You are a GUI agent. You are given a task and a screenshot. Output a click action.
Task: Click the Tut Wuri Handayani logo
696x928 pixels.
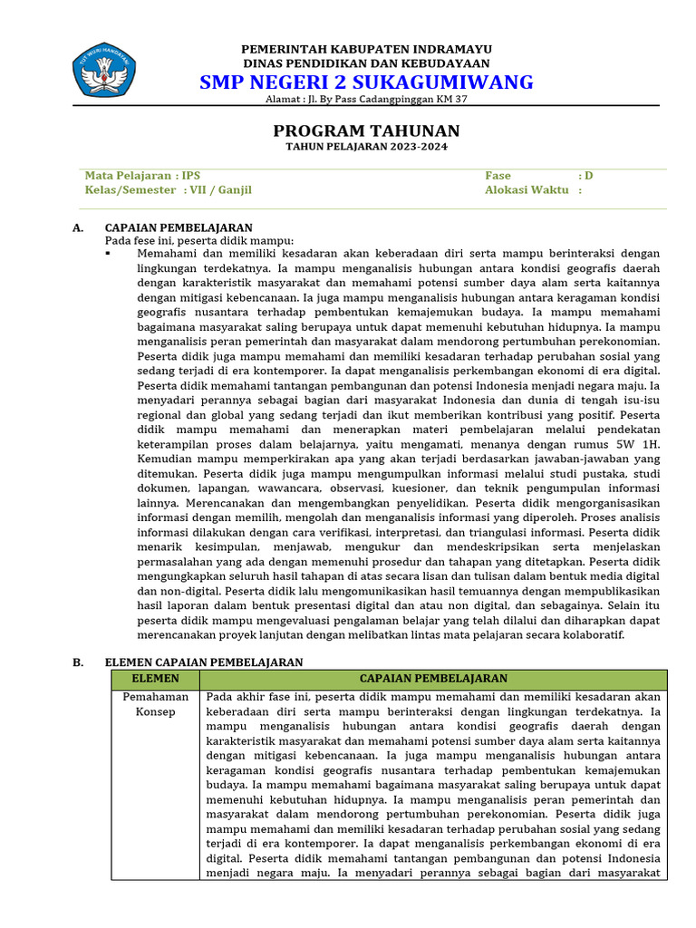103,68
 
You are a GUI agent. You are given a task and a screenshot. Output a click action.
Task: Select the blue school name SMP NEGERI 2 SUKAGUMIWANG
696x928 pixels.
366,82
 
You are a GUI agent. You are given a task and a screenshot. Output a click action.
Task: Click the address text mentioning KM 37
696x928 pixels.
366,100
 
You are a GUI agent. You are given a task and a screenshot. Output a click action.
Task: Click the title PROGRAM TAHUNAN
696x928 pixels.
366,130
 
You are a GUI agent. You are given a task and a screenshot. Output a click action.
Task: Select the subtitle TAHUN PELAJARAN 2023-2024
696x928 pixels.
366,147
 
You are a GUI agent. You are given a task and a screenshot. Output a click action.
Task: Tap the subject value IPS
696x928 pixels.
190,176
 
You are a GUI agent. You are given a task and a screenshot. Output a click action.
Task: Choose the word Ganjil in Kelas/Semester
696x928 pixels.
235,190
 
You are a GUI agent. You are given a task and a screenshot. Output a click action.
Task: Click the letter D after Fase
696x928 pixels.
588,176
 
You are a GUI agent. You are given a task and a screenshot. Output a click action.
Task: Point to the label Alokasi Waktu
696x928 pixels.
527,190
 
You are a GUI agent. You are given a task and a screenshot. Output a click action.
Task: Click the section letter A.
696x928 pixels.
78,227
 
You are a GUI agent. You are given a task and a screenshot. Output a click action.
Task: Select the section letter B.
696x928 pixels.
78,662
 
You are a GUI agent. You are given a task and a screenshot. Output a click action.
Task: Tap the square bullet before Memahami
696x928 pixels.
108,254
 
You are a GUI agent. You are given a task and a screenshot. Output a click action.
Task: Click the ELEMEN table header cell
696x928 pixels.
155,679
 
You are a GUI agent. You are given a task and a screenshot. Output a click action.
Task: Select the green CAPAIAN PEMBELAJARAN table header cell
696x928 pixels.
433,679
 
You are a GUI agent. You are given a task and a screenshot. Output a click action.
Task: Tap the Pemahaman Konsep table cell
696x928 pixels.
155,704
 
